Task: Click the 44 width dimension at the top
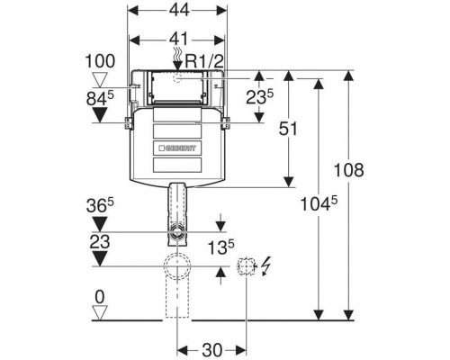pos(179,10)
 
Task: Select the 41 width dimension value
pos(179,40)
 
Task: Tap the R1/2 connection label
pos(204,61)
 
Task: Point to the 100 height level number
pos(100,61)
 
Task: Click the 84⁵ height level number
pos(100,98)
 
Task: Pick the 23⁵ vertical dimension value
pos(260,97)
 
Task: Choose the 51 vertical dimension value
pos(288,129)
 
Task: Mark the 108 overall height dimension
pos(349,170)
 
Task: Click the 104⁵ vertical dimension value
pos(319,203)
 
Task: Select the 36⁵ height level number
pos(100,205)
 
